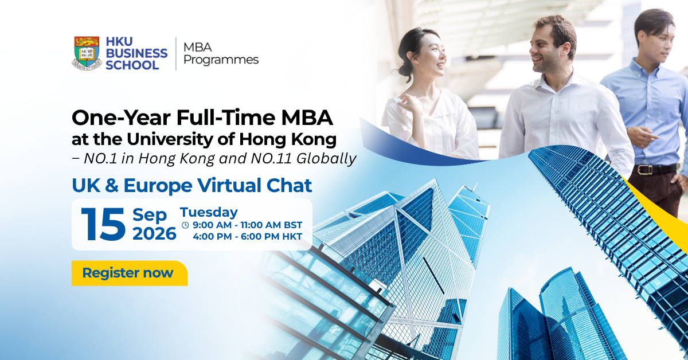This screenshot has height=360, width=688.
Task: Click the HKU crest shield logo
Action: coord(87,53)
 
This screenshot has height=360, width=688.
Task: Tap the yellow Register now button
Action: coord(130,273)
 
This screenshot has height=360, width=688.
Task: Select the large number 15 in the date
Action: coord(103,224)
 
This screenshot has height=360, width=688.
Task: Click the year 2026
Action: coord(154,234)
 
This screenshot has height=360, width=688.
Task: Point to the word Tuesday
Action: coord(209,212)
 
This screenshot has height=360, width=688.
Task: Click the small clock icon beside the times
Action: coord(185,225)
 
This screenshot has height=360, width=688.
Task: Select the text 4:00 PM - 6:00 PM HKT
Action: coord(248,237)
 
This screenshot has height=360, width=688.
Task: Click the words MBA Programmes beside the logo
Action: coord(221,53)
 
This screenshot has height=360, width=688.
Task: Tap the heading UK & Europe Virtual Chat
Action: coord(191,186)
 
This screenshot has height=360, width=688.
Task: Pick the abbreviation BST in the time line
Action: coord(293,225)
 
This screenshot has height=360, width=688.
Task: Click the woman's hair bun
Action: coord(402,71)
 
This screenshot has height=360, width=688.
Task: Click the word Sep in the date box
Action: coord(150,216)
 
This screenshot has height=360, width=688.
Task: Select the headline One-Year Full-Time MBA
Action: coord(202,118)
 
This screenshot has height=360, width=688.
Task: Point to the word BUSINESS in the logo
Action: coord(136,53)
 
